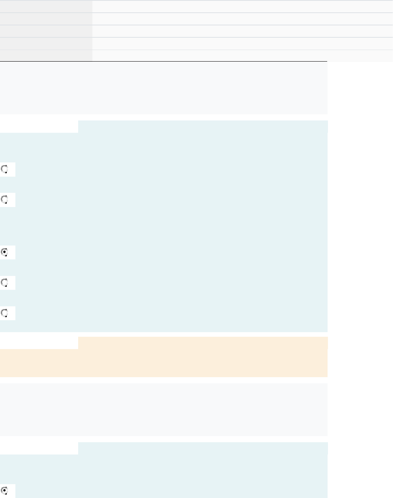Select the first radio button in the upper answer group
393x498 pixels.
(5, 169)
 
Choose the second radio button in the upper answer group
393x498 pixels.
(5, 200)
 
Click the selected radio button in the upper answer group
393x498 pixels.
(5, 252)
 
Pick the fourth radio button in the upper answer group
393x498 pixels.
(5, 283)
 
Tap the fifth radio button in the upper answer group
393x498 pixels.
(5, 313)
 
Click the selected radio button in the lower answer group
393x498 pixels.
(5, 491)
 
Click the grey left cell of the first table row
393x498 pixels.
(46, 6)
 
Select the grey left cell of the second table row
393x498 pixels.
(46, 19)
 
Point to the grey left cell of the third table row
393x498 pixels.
(46, 31)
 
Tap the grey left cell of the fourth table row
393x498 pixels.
(46, 43)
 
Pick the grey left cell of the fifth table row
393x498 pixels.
(46, 55)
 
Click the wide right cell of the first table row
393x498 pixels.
(242, 6)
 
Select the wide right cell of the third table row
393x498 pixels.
(242, 31)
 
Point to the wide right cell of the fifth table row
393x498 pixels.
(242, 55)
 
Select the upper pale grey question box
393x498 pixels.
(164, 88)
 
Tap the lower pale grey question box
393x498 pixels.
(164, 409)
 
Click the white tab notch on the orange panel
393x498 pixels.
(39, 343)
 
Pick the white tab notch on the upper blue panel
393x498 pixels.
(39, 127)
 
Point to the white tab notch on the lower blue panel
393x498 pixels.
(39, 448)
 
